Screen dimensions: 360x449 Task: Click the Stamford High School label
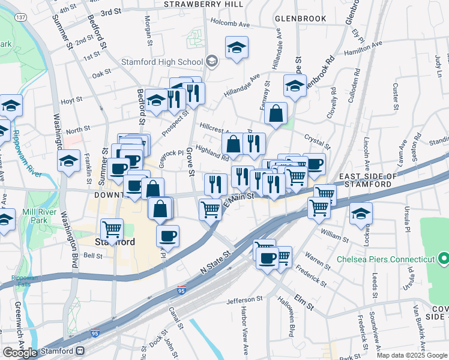click(161, 62)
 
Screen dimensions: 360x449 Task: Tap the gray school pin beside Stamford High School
click(211, 61)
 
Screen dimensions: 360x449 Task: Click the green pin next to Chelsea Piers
click(444, 259)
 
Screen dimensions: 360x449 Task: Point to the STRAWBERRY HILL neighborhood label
click(204, 4)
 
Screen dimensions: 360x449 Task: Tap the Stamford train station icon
click(80, 351)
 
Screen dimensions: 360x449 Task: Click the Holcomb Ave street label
click(229, 25)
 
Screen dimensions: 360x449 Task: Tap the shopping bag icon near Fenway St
click(276, 112)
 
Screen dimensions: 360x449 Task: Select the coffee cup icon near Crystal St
click(314, 163)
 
